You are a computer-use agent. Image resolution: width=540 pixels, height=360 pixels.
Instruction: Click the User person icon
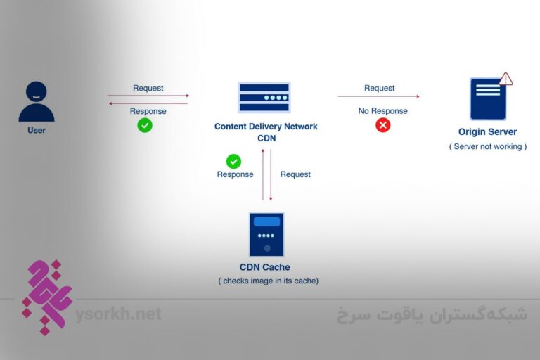[x=37, y=102]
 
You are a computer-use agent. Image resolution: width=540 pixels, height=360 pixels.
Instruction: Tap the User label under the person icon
[x=37, y=130]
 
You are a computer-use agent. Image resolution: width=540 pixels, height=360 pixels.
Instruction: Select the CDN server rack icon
[x=264, y=98]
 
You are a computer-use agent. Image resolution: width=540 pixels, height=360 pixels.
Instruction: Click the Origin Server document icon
[x=488, y=99]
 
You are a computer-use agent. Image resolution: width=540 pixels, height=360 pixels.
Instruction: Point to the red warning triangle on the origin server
[x=506, y=79]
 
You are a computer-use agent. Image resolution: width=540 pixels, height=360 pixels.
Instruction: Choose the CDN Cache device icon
[x=266, y=234]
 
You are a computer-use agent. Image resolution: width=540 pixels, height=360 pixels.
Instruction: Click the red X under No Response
[x=382, y=125]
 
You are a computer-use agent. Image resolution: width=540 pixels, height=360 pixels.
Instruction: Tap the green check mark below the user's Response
[x=145, y=125]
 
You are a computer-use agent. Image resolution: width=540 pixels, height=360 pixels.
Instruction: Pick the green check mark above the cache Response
[x=233, y=161]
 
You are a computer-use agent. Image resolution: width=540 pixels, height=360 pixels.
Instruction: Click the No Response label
[x=382, y=111]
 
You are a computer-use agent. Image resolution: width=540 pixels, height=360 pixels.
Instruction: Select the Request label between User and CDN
[x=148, y=88]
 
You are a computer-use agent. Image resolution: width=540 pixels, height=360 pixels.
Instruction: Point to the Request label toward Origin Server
[x=379, y=88]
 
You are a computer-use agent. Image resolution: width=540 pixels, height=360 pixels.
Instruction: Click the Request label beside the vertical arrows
[x=295, y=174]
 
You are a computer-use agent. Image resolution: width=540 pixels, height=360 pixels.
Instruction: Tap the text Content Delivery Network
[x=266, y=127]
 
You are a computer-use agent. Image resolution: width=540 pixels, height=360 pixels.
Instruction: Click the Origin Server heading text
[x=487, y=132]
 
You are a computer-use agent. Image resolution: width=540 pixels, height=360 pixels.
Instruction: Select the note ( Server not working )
[x=487, y=146]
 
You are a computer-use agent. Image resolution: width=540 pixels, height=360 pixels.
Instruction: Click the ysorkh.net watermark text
[x=118, y=314]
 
